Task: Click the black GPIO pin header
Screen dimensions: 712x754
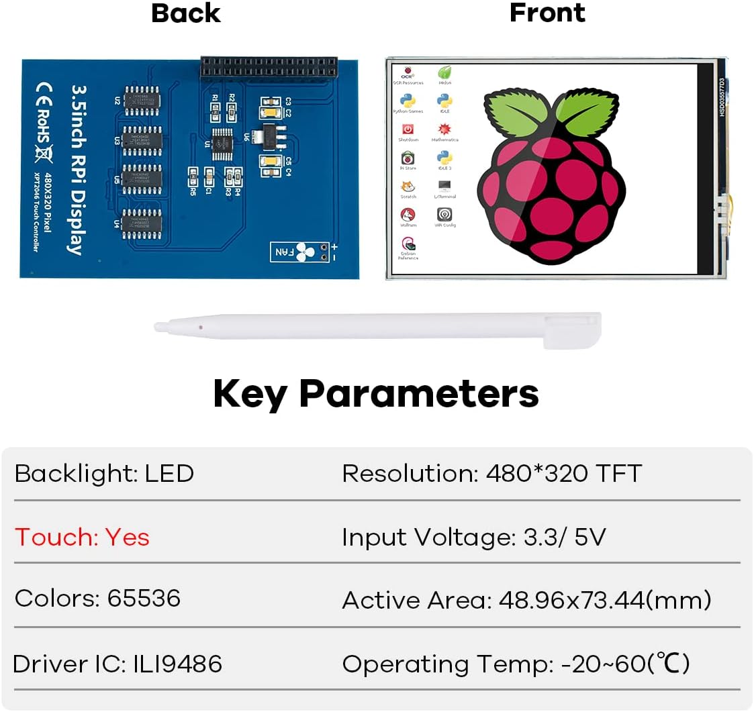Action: coord(268,68)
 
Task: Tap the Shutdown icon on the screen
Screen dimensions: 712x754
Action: coord(408,130)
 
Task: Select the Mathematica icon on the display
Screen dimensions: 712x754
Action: coord(444,130)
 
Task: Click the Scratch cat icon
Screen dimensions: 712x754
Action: coord(408,187)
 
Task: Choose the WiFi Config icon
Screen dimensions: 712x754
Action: coord(444,215)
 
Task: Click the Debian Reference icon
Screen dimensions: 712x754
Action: coord(408,245)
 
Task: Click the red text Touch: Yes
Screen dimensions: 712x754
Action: coord(82,537)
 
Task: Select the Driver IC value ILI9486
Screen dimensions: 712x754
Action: coord(174,664)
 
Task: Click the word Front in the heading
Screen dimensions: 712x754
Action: coord(547,13)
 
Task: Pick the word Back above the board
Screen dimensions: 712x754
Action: coord(186,13)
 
